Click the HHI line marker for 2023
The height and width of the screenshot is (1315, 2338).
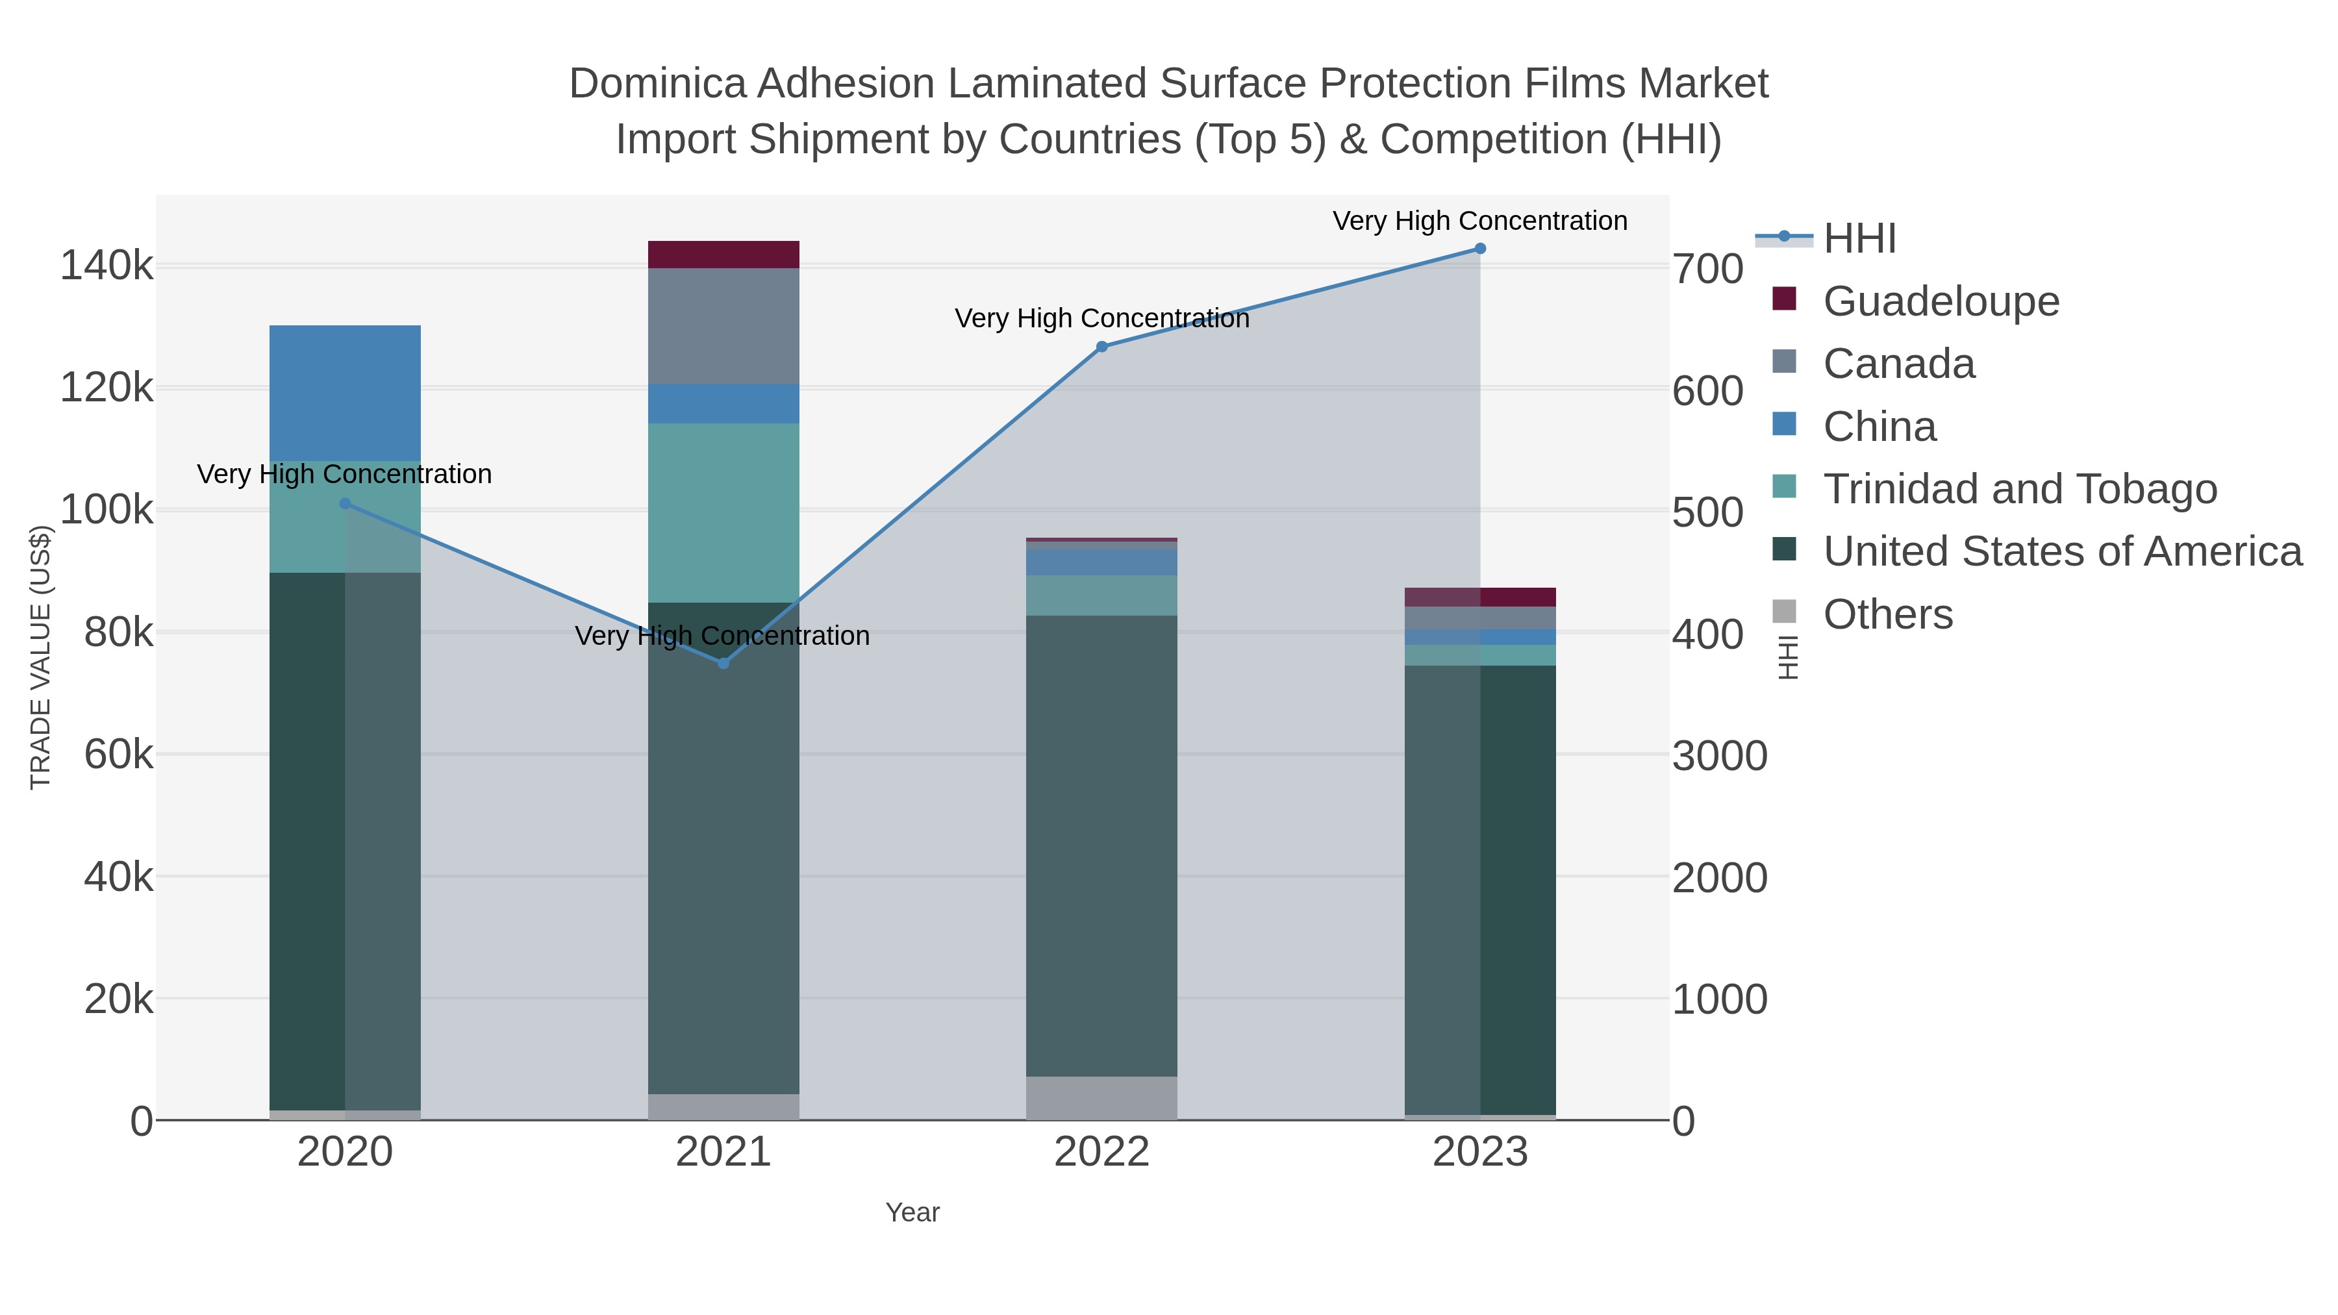point(1480,249)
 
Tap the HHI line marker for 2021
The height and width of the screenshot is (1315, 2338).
point(723,664)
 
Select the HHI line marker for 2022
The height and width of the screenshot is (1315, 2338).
point(1102,347)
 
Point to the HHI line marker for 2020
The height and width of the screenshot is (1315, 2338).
point(345,504)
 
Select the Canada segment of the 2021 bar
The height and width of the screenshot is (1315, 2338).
point(723,326)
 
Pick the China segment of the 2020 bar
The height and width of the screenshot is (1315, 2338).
point(345,392)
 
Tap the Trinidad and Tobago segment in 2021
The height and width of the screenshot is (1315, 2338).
point(723,513)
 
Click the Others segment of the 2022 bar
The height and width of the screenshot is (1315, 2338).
point(1102,1098)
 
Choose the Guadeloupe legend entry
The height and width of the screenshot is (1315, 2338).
point(1941,301)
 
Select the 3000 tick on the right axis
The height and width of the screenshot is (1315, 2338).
point(1720,757)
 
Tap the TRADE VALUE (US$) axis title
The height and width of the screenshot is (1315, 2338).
point(41,657)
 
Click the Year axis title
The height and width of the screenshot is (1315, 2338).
point(912,1212)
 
